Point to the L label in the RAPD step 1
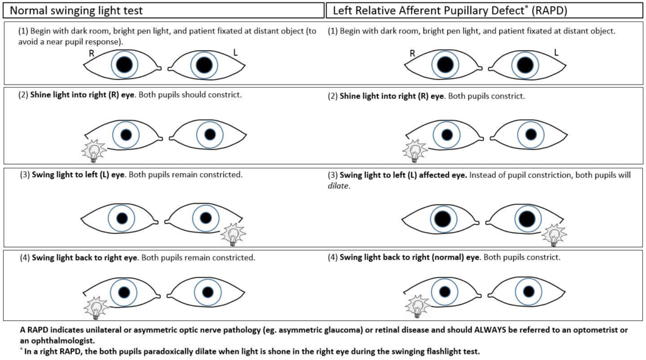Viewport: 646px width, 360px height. (557, 53)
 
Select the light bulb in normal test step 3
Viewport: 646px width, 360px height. (234, 235)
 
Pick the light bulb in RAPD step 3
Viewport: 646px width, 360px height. (555, 235)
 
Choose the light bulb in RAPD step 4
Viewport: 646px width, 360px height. (416, 308)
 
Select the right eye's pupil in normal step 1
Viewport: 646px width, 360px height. (124, 64)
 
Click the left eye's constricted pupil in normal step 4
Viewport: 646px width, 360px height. (205, 291)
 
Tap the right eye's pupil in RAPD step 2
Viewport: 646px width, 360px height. (447, 134)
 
